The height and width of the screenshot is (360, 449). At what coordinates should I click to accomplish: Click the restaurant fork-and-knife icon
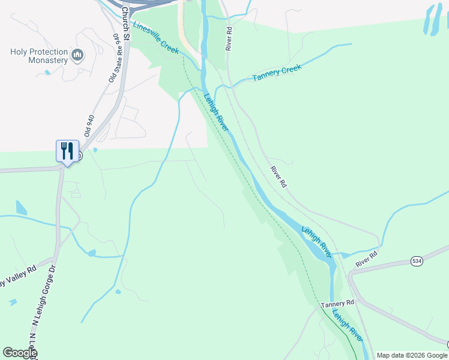pyautogui.click(x=67, y=150)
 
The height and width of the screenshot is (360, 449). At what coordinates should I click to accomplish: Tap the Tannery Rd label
pyautogui.click(x=338, y=305)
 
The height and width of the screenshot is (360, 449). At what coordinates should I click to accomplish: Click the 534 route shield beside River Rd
pyautogui.click(x=417, y=261)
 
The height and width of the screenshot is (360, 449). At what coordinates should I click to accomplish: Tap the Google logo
pyautogui.click(x=20, y=353)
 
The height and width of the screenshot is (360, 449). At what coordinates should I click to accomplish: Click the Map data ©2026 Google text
pyautogui.click(x=412, y=355)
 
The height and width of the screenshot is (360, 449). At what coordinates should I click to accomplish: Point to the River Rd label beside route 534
pyautogui.click(x=366, y=259)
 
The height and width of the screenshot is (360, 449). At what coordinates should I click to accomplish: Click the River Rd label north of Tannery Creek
pyautogui.click(x=229, y=38)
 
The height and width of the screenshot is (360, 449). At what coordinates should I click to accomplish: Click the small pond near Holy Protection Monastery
pyautogui.click(x=47, y=73)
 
